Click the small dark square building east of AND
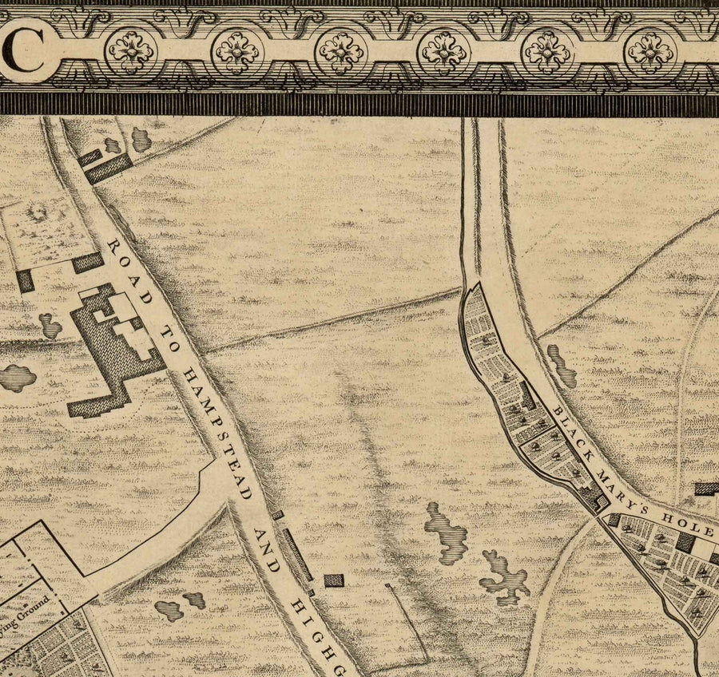coord(334,580)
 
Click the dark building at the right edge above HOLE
coord(706,488)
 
